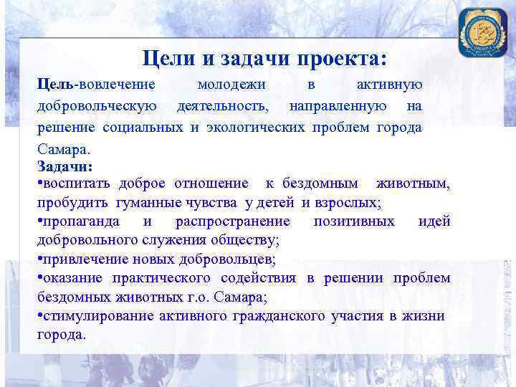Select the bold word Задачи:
pos(65,167)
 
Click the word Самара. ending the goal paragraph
pos(64,150)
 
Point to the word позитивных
pos(353,221)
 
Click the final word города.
pos(62,334)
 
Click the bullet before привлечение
pos(39,259)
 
